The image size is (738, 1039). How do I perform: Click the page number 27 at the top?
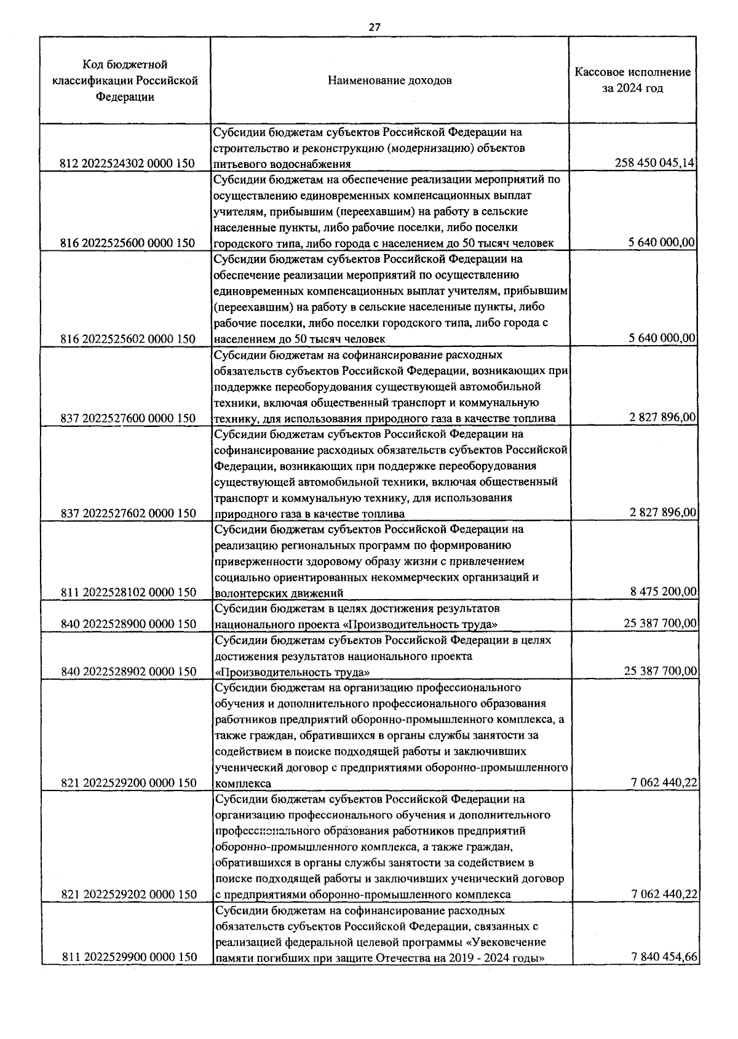click(x=375, y=27)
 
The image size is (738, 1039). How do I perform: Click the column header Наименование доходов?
click(x=389, y=81)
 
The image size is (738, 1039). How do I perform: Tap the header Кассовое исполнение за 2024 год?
click(x=632, y=80)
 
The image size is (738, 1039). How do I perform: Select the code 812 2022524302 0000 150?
click(x=128, y=164)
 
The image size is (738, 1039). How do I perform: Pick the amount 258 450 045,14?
click(x=654, y=163)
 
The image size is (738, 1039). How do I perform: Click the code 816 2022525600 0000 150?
click(x=128, y=243)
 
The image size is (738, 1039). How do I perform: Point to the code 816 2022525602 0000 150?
click(x=128, y=339)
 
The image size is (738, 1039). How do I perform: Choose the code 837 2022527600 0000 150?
click(x=128, y=418)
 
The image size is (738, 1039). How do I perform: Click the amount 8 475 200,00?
click(x=663, y=592)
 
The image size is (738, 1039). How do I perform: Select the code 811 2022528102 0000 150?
click(x=129, y=592)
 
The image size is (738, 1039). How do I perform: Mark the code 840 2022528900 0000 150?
click(x=129, y=624)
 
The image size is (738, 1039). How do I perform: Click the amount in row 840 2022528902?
click(x=660, y=671)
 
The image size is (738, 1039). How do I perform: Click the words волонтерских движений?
click(x=279, y=593)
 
